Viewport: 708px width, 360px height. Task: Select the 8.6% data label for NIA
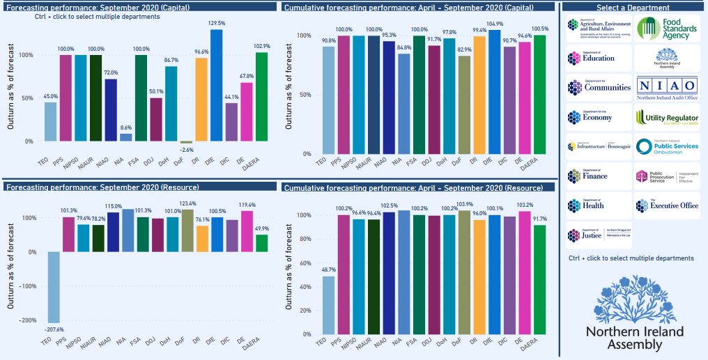125,128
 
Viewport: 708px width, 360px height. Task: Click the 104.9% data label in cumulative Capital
494,24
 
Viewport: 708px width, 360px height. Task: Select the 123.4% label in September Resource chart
188,203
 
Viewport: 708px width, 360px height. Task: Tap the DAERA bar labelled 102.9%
261,97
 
